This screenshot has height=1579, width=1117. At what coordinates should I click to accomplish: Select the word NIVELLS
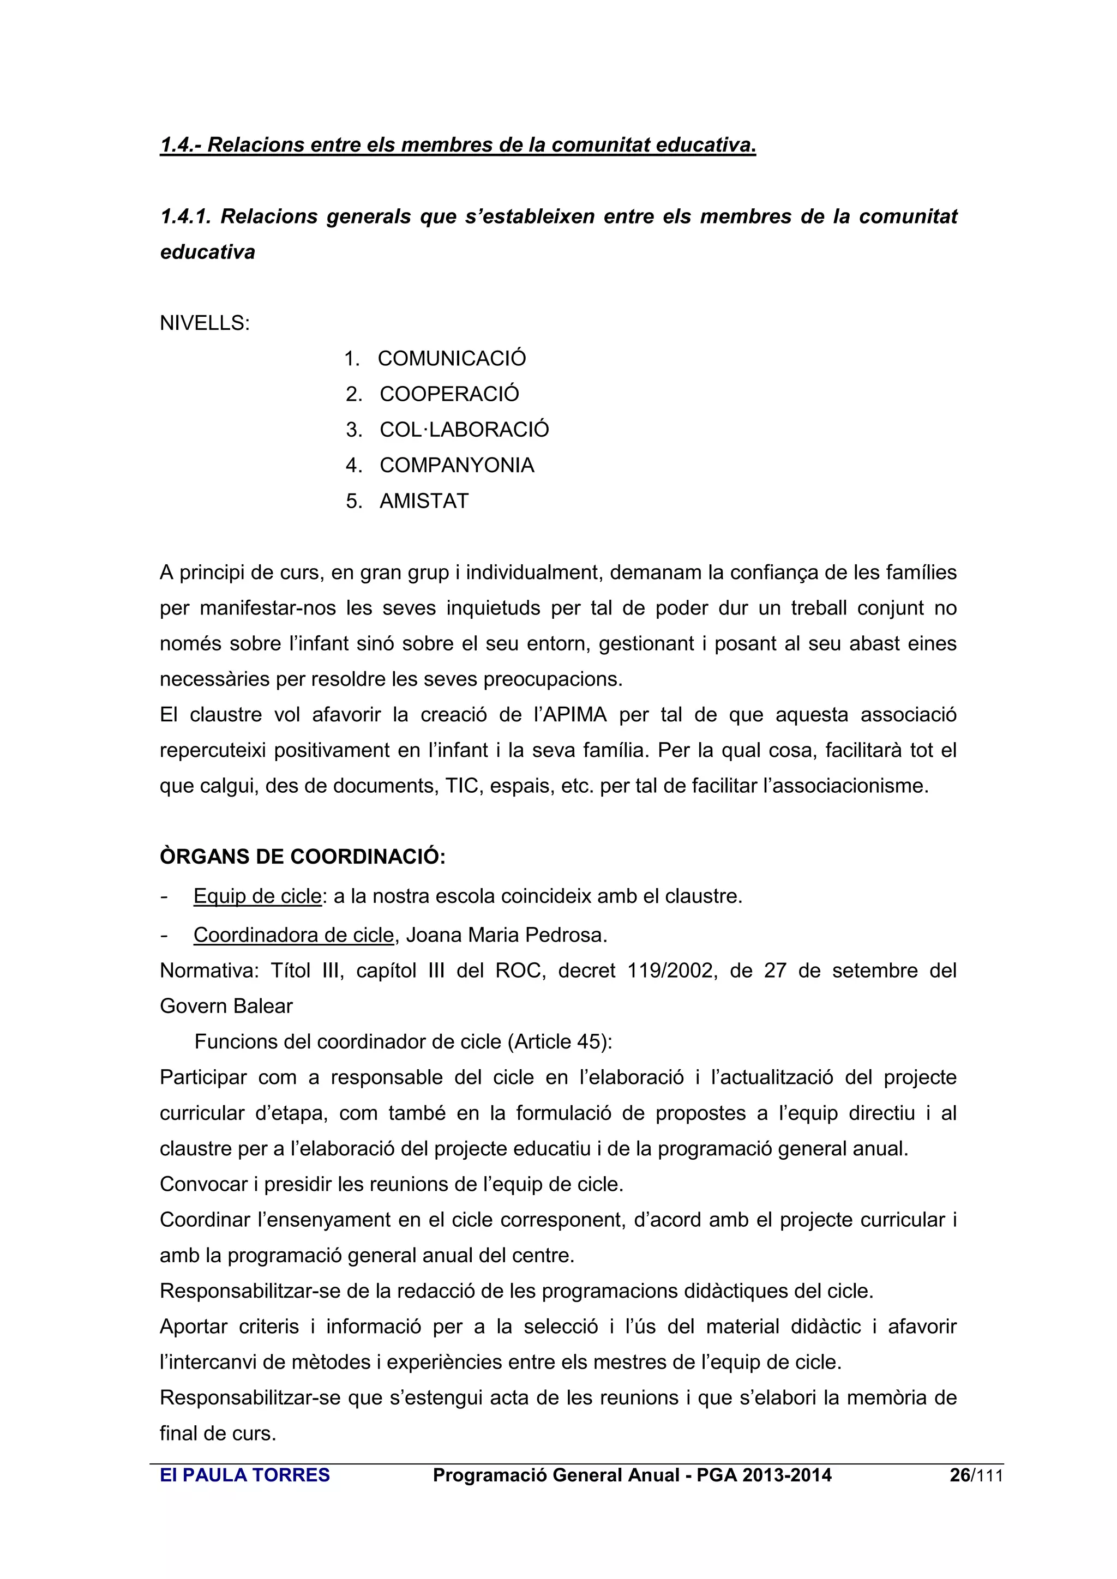click(x=203, y=323)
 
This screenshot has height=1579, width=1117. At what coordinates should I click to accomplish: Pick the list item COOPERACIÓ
click(x=449, y=394)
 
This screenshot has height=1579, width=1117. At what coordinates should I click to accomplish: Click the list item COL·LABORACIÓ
click(x=464, y=430)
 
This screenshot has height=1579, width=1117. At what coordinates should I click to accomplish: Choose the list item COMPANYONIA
click(x=457, y=466)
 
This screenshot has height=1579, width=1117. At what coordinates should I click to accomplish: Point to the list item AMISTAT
click(x=424, y=502)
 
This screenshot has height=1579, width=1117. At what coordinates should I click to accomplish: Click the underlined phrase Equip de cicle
click(x=257, y=896)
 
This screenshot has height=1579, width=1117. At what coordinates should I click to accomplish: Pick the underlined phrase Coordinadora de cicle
click(x=293, y=935)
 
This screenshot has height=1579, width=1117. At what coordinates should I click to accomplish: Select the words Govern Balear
click(x=226, y=1006)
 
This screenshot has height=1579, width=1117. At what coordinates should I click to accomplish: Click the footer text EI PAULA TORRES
click(x=244, y=1475)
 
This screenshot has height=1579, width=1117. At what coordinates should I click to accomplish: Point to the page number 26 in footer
click(x=959, y=1475)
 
